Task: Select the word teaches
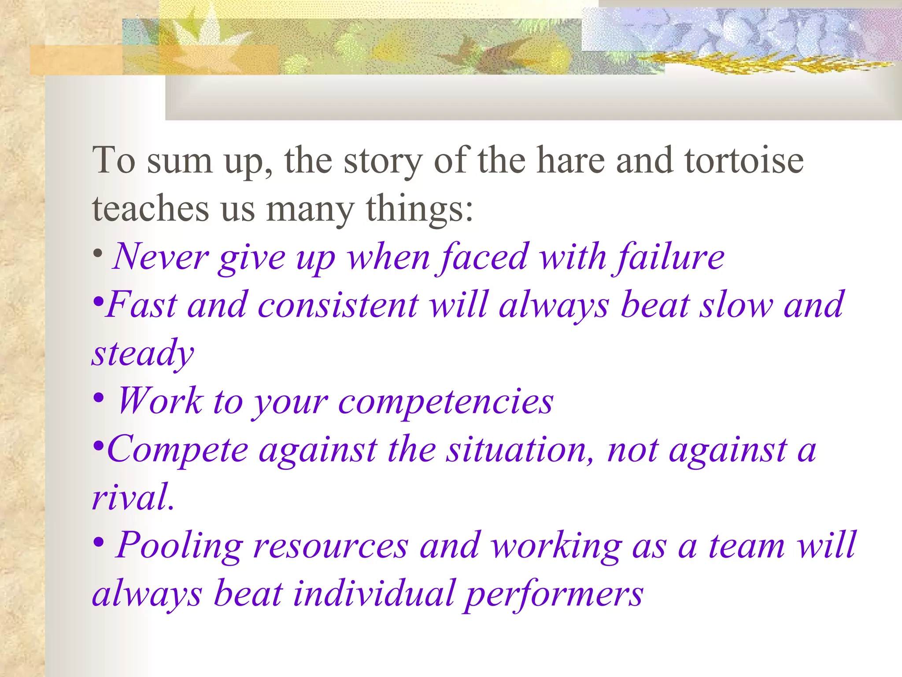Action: (150, 208)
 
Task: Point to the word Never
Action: (160, 257)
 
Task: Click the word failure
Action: (669, 257)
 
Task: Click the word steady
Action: (143, 353)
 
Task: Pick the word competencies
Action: (445, 402)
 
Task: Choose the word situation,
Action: (520, 450)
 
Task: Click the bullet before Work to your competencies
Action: (99, 398)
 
